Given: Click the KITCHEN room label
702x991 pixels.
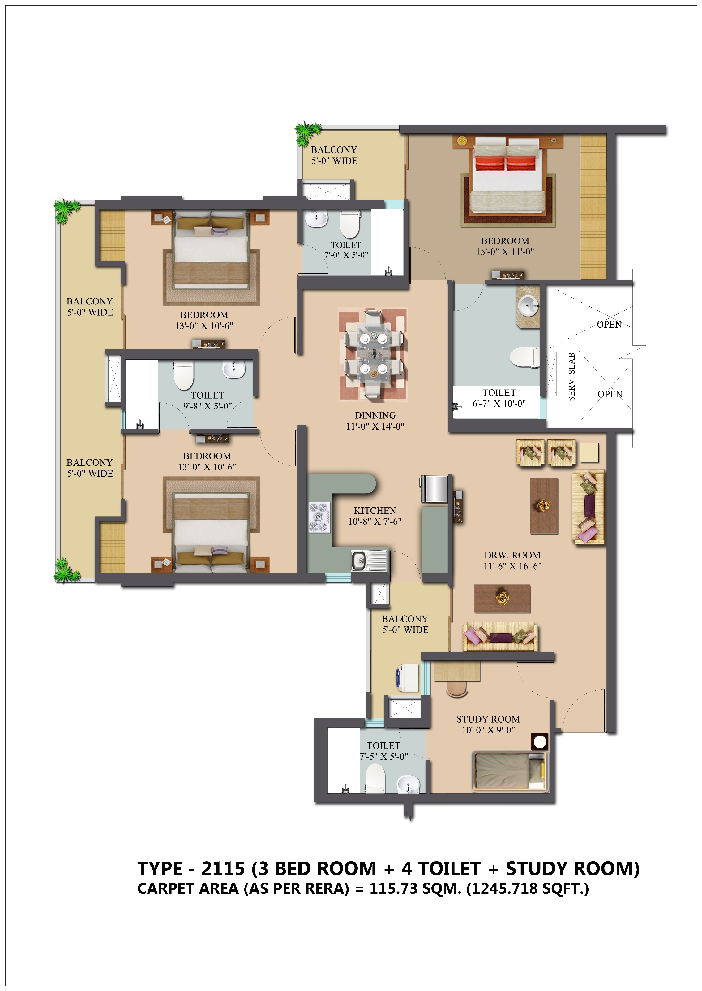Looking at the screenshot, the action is pos(375,511).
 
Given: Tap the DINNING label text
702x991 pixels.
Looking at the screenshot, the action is pos(375,415).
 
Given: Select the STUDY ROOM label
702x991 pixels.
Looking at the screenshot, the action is pos(488,719).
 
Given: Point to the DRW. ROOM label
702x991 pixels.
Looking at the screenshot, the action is pos(512,555).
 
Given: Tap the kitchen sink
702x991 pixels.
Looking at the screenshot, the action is pos(370,561).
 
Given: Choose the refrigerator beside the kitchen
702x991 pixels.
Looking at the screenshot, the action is pos(434,489).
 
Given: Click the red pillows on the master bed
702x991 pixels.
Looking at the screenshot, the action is pos(506,164).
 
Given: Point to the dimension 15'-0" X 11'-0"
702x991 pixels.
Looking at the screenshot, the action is pos(505,252).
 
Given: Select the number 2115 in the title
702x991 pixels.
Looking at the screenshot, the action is pos(223,869).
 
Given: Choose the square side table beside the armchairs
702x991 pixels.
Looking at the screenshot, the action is pos(589,453).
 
